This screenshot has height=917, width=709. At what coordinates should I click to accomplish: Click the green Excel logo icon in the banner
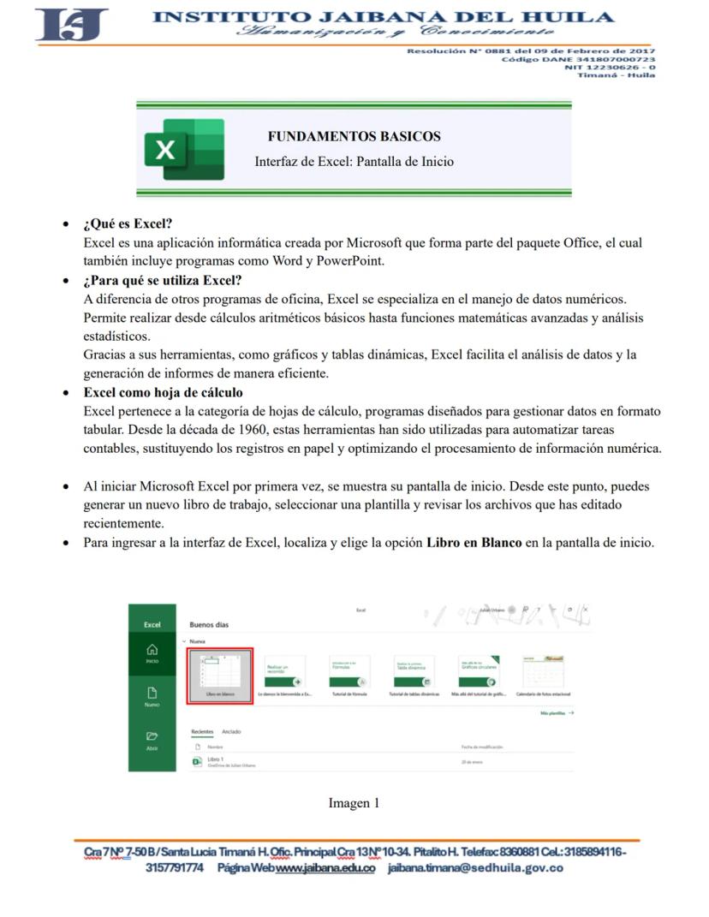pyautogui.click(x=184, y=150)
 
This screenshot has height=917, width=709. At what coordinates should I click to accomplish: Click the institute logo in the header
pyautogui.click(x=72, y=25)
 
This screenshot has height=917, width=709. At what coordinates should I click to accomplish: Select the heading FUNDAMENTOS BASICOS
pyautogui.click(x=354, y=136)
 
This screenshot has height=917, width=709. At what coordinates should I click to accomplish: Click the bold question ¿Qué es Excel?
pyautogui.click(x=128, y=224)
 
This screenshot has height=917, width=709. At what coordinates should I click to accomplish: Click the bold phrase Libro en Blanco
pyautogui.click(x=474, y=542)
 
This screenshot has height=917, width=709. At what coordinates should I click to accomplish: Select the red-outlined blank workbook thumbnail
pyautogui.click(x=219, y=674)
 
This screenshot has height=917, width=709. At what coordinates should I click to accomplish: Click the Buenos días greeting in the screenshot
pyautogui.click(x=209, y=625)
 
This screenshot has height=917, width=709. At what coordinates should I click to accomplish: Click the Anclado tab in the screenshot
pyautogui.click(x=231, y=732)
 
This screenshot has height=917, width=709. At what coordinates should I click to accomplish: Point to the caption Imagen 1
pyautogui.click(x=354, y=803)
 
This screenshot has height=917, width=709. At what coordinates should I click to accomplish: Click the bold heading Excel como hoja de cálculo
pyautogui.click(x=163, y=392)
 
